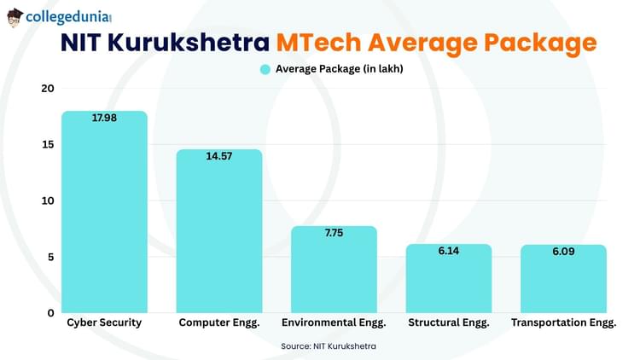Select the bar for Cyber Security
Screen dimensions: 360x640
(x=104, y=213)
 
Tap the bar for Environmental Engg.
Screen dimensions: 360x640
(x=334, y=270)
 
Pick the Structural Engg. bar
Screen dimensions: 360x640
(x=449, y=279)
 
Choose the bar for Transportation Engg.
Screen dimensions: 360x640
(x=564, y=279)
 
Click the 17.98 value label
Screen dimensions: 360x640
(x=104, y=119)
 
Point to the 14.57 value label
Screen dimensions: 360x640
(x=219, y=157)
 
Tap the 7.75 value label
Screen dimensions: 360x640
(x=334, y=234)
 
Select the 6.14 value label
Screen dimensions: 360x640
(x=449, y=252)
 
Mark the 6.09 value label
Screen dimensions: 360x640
(x=564, y=253)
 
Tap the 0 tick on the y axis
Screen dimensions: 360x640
(x=49, y=313)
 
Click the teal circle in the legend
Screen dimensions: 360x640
(x=265, y=70)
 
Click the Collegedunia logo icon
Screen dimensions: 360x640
(x=15, y=17)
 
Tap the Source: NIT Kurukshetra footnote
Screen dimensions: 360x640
(x=329, y=346)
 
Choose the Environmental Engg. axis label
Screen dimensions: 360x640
(x=334, y=323)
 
